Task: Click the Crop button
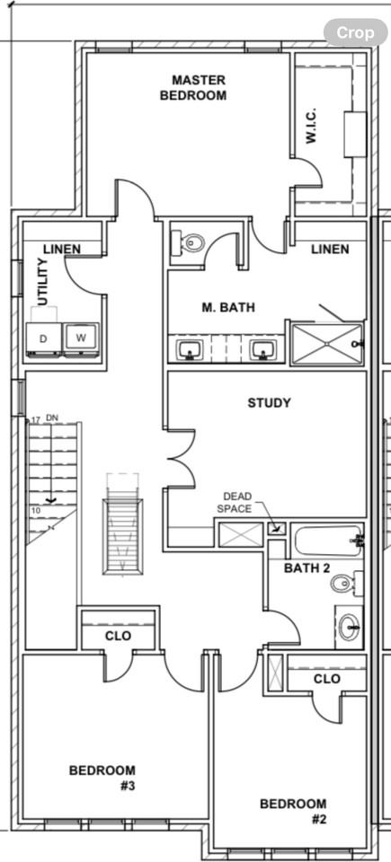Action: point(355,32)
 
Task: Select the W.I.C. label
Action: point(311,126)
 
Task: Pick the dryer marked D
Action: point(44,339)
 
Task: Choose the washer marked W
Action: point(81,339)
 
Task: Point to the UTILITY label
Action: point(42,281)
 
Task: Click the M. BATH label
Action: point(227,307)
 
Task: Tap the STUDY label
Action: point(270,403)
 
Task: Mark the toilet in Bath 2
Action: point(343,584)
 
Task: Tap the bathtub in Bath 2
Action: point(328,541)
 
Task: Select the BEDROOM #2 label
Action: point(293,811)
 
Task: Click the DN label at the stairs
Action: point(52,418)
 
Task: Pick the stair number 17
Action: point(36,419)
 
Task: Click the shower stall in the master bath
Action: point(325,343)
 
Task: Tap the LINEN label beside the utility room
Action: point(62,249)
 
